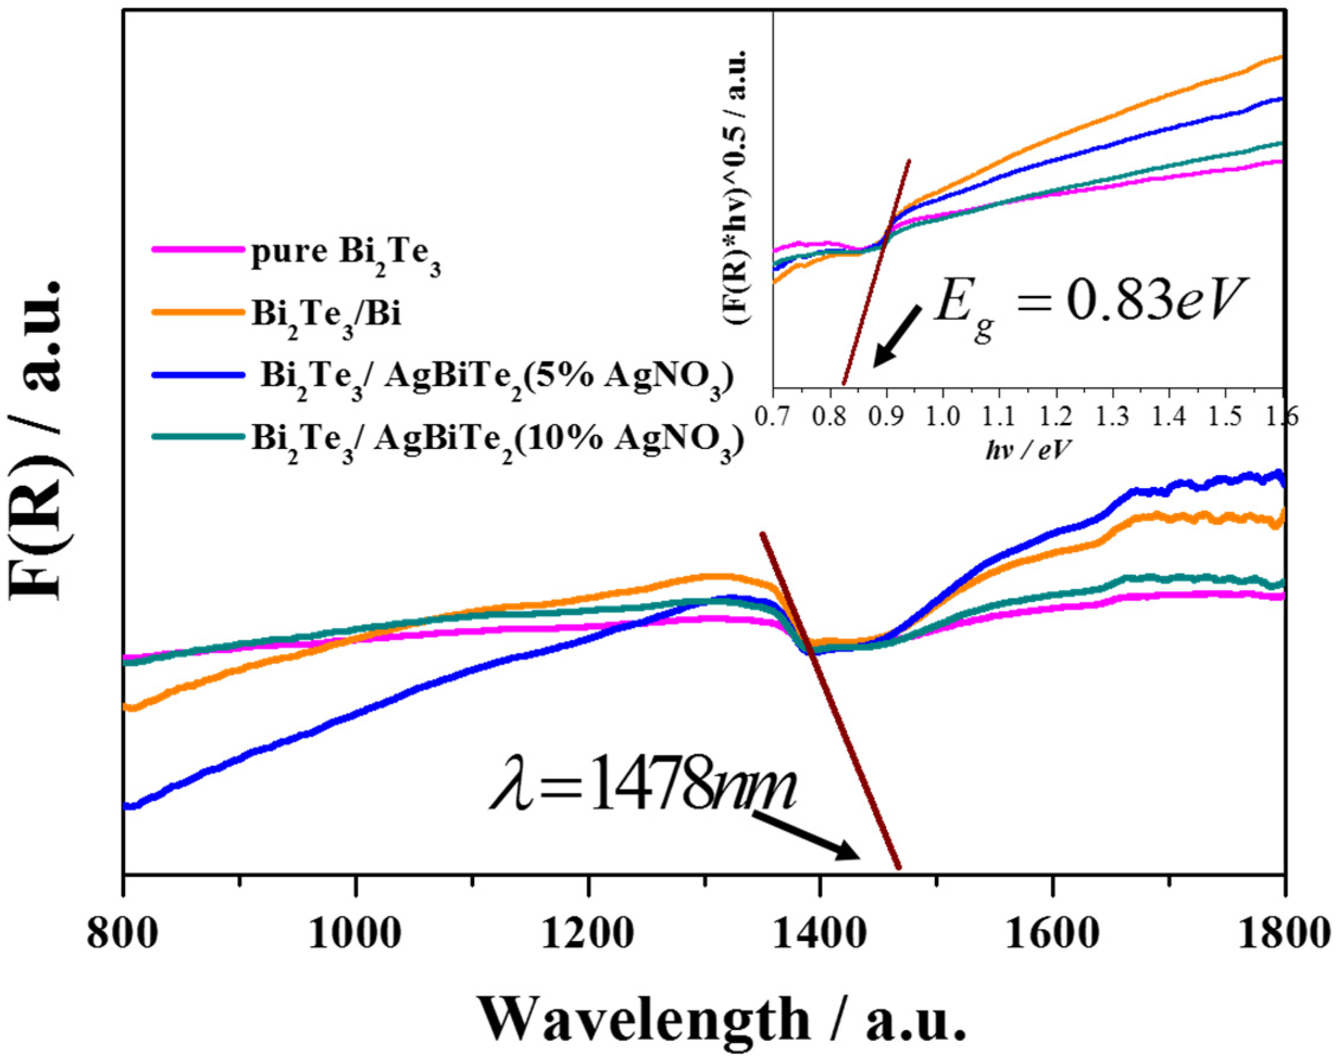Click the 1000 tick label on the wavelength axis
pyautogui.click(x=353, y=934)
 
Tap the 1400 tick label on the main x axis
pyautogui.click(x=819, y=934)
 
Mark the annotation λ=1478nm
pyautogui.click(x=643, y=791)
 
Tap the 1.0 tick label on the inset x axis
pyautogui.click(x=943, y=416)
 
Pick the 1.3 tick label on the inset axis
pyautogui.click(x=1112, y=416)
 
